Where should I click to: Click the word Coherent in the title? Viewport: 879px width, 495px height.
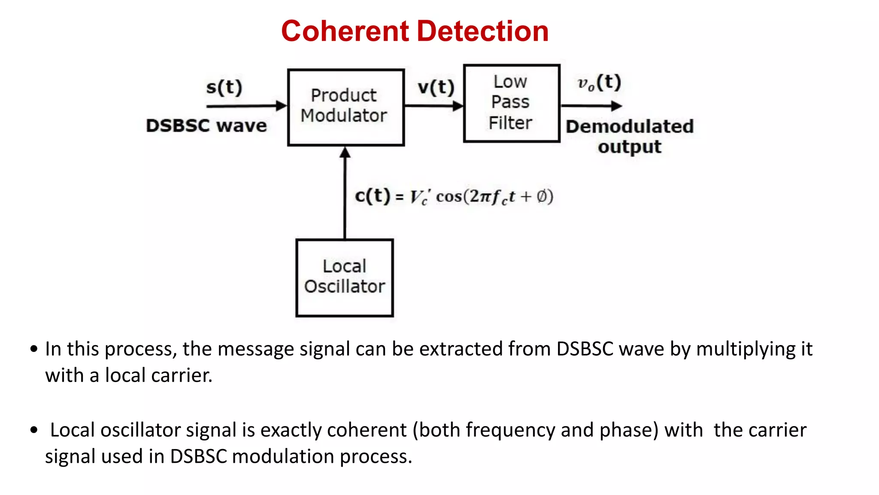[x=345, y=31]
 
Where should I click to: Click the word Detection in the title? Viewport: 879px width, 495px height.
[x=482, y=31]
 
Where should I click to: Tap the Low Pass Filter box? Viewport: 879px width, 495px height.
[x=511, y=103]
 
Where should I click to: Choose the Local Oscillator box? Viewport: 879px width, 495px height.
[x=344, y=277]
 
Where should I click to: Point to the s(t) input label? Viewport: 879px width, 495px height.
[x=224, y=87]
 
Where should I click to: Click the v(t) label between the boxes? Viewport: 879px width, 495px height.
[x=436, y=87]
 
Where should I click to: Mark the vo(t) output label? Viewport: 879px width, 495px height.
[x=599, y=82]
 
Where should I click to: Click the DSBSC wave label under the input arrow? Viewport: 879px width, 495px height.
[x=206, y=125]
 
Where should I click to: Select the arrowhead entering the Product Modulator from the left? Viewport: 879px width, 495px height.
[x=282, y=105]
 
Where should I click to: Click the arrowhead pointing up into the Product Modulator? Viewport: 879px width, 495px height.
[x=345, y=153]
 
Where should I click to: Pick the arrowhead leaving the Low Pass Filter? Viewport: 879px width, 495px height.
[x=616, y=106]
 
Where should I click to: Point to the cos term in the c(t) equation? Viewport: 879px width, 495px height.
[x=449, y=196]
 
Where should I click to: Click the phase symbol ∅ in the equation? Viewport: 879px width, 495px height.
[x=542, y=196]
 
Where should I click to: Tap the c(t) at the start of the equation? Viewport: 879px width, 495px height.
[x=372, y=196]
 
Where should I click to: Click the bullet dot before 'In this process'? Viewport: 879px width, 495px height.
[x=34, y=348]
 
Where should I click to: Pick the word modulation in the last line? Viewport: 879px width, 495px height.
[x=282, y=456]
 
